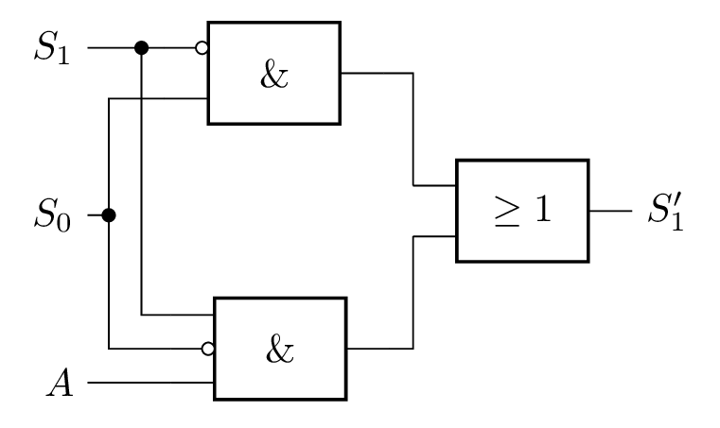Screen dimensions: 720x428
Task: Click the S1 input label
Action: (x=52, y=47)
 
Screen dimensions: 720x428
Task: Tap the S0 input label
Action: (x=52, y=214)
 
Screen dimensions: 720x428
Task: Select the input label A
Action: (x=61, y=383)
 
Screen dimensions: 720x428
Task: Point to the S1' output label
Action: (x=666, y=212)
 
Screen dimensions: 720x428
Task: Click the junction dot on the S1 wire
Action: (x=141, y=47)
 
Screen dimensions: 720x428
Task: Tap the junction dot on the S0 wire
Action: (x=109, y=214)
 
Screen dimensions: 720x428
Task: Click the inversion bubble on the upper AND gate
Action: (x=202, y=47)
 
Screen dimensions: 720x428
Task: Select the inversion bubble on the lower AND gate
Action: (x=207, y=349)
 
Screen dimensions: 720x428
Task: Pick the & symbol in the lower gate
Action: (x=280, y=350)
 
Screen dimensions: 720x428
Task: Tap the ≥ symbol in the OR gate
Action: (x=507, y=211)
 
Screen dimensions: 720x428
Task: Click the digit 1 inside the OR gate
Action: (x=543, y=209)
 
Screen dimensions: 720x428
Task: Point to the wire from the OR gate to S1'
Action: (x=610, y=211)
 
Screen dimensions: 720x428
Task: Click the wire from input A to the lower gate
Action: (x=150, y=382)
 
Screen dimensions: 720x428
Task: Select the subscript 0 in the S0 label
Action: (x=63, y=223)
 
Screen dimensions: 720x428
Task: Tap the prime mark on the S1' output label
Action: (x=677, y=201)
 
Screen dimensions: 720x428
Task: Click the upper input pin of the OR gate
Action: (x=434, y=185)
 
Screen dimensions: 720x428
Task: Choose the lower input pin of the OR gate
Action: (x=434, y=236)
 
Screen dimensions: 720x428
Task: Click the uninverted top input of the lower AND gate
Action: (x=177, y=315)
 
